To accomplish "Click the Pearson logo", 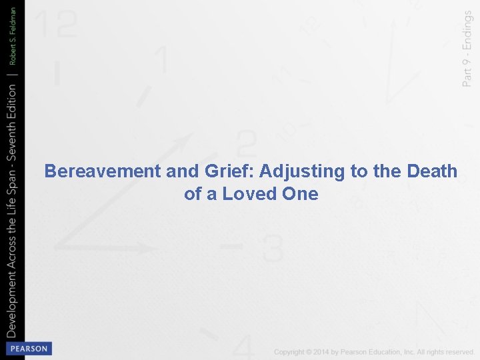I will [x=28, y=349].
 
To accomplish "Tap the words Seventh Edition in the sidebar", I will [x=13, y=124].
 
